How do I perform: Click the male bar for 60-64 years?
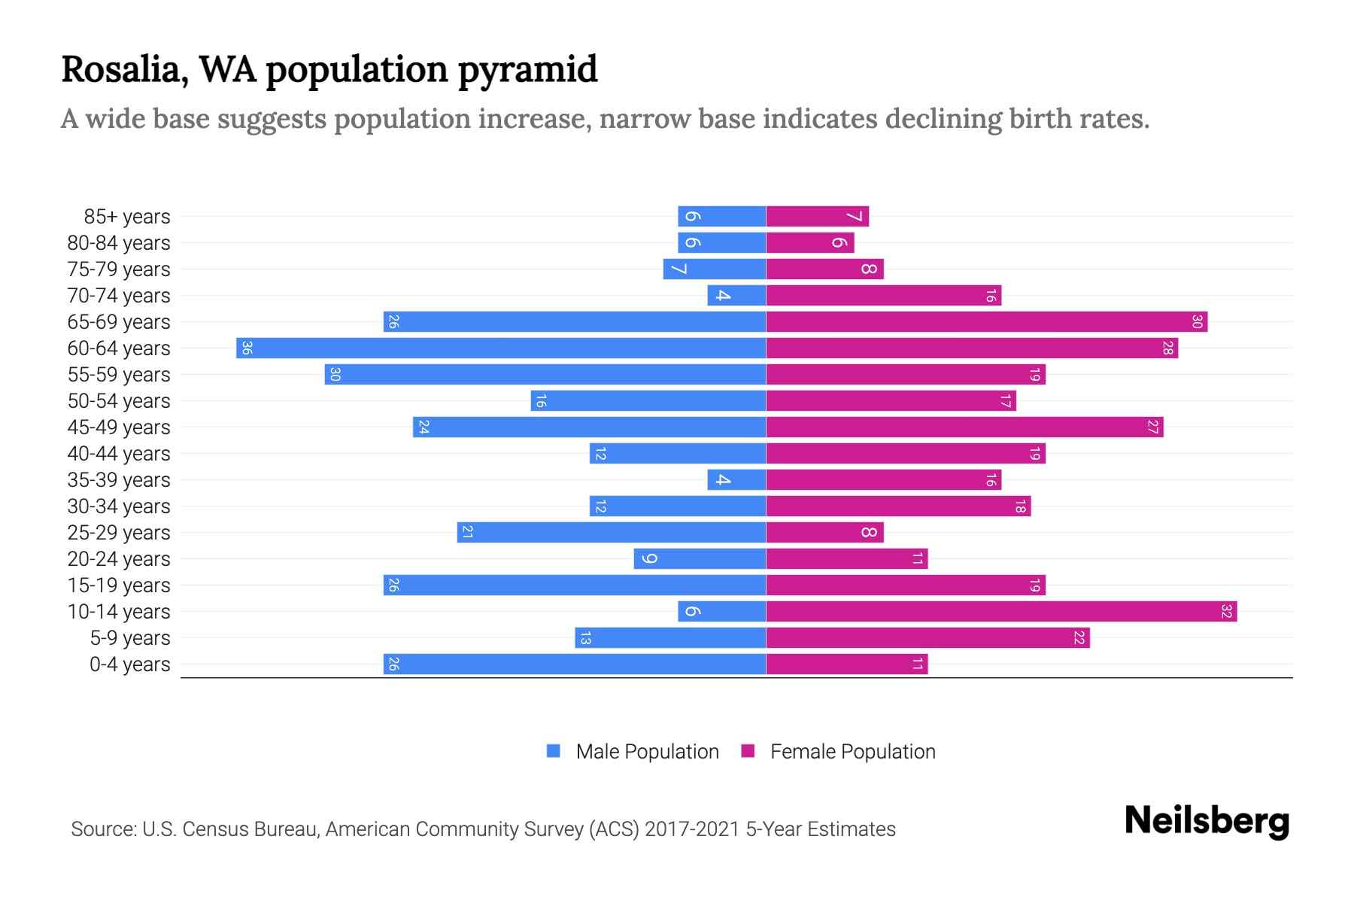tap(501, 348)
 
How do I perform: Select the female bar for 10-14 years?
tap(1001, 612)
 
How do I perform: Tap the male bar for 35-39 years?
tap(736, 480)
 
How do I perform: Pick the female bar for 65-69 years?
tap(986, 322)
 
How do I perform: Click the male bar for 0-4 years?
tap(575, 664)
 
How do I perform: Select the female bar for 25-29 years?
tap(824, 533)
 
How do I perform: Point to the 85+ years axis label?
tap(127, 217)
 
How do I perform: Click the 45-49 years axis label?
tap(119, 427)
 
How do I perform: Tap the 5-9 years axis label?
tap(130, 638)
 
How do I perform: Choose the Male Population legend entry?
tap(647, 752)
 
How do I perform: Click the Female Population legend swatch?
tap(748, 751)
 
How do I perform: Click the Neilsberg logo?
tap(1207, 821)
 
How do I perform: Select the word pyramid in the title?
tap(527, 70)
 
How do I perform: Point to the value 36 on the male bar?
tap(247, 348)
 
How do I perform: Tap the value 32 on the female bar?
tap(1226, 612)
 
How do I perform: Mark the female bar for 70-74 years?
tap(883, 296)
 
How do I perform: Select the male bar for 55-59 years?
tap(545, 375)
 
